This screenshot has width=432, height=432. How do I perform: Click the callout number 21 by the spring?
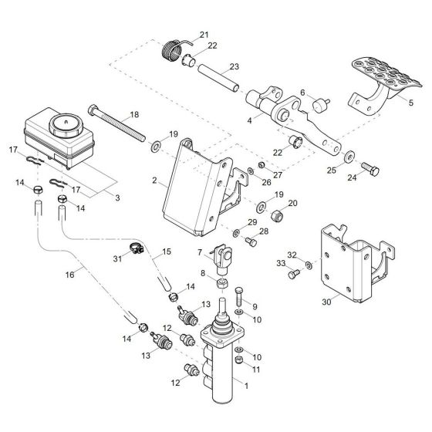204,35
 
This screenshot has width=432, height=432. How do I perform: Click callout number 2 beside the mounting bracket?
155,181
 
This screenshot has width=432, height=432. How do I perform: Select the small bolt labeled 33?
293,273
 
